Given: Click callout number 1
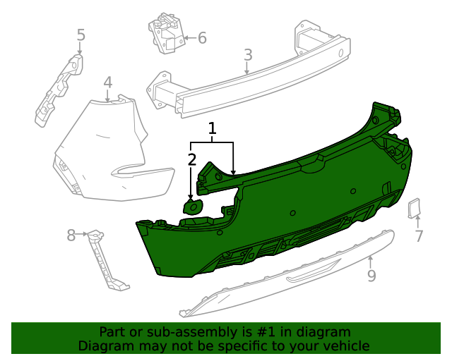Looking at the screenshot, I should (212, 128).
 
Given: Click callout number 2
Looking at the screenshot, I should (191, 160).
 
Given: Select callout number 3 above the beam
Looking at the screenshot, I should (247, 55).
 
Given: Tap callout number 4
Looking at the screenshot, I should (107, 82).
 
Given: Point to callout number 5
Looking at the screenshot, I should (81, 35).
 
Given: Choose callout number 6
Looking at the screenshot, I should (202, 38).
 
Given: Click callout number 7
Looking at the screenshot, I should (419, 236).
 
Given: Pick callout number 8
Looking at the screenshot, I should (71, 235).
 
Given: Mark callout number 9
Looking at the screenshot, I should (371, 276).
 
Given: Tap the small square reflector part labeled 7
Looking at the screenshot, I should (414, 208).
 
